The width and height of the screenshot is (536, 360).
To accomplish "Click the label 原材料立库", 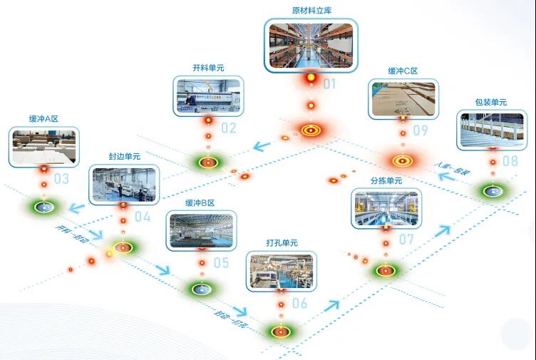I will tap(311, 11).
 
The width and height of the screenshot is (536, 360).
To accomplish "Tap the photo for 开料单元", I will tap(208, 96).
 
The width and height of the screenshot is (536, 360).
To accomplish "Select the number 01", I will tap(329, 84).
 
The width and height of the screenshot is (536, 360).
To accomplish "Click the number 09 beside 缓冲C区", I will tap(420, 130).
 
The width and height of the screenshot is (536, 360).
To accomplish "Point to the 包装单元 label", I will tap(490, 103).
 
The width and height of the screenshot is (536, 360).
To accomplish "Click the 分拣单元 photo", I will tap(386, 209).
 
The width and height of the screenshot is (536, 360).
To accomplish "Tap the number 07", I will tap(406, 240).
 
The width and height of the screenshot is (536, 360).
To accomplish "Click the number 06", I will tap(299, 304).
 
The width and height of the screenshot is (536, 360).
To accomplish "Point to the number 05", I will tap(221, 263).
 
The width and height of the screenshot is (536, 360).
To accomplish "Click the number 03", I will tap(61, 178).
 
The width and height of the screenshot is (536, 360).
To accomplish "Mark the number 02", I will tap(228, 128).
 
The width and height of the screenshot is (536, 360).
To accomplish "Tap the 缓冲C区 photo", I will tap(403, 99).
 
